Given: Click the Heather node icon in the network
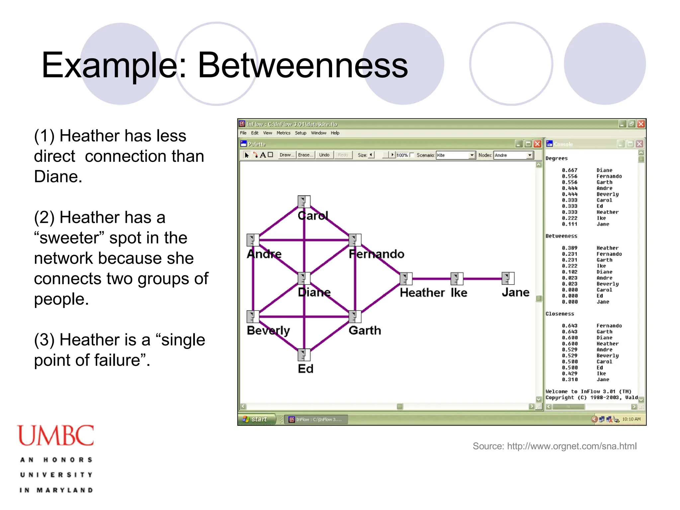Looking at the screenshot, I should pos(406,279).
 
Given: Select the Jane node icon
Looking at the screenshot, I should pos(508,279).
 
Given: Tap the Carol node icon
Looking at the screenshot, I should pos(304,202).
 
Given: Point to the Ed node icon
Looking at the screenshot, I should pos(304,355).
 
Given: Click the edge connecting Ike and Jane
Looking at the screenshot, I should pos(482,279).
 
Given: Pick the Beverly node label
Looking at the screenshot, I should pos(268,330).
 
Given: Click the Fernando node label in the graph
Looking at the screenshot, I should pos(377,254).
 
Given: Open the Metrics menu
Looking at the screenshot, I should pos(283,133).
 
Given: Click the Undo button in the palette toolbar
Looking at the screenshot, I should pos(324,155).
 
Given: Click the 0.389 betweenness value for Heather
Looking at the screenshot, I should pos(569,248).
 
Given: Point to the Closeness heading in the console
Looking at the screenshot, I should pos(559,314).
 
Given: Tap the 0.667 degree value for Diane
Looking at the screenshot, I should pos(569,170).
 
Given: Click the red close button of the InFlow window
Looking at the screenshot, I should pos(641,124).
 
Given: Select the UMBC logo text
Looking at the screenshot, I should pos(56,436).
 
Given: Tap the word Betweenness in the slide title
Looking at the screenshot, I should pos(303,65).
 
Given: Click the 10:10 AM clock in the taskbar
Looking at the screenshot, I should pos(631,419).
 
